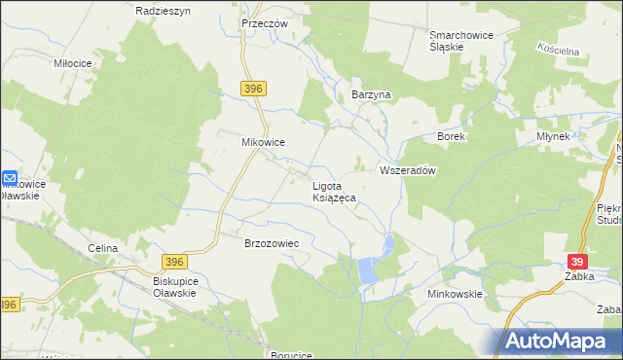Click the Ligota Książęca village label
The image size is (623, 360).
[333, 190]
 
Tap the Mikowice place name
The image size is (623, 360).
[263, 142]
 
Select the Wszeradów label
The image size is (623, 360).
[406, 169]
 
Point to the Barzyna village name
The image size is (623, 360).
[370, 94]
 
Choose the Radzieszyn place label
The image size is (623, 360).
[163, 10]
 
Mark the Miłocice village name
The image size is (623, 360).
[73, 62]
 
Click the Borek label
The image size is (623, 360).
[452, 137]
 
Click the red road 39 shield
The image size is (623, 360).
[578, 263]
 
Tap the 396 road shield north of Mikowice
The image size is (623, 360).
[253, 89]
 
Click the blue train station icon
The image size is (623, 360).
[9, 179]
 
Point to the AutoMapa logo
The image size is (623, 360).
[562, 341]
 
